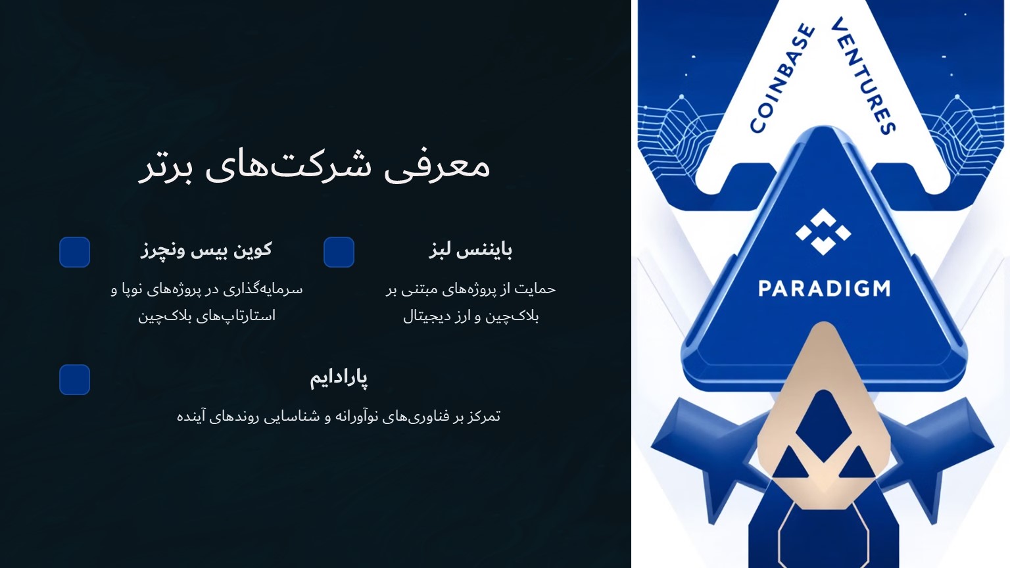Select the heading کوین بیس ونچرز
206,250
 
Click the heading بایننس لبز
471,250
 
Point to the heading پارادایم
339,377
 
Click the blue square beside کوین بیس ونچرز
74,252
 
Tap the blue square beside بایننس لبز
339,252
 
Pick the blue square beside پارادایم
74,380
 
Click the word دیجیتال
427,316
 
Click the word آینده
191,416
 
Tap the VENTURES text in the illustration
863,76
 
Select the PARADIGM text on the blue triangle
824,289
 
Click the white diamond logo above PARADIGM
823,232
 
